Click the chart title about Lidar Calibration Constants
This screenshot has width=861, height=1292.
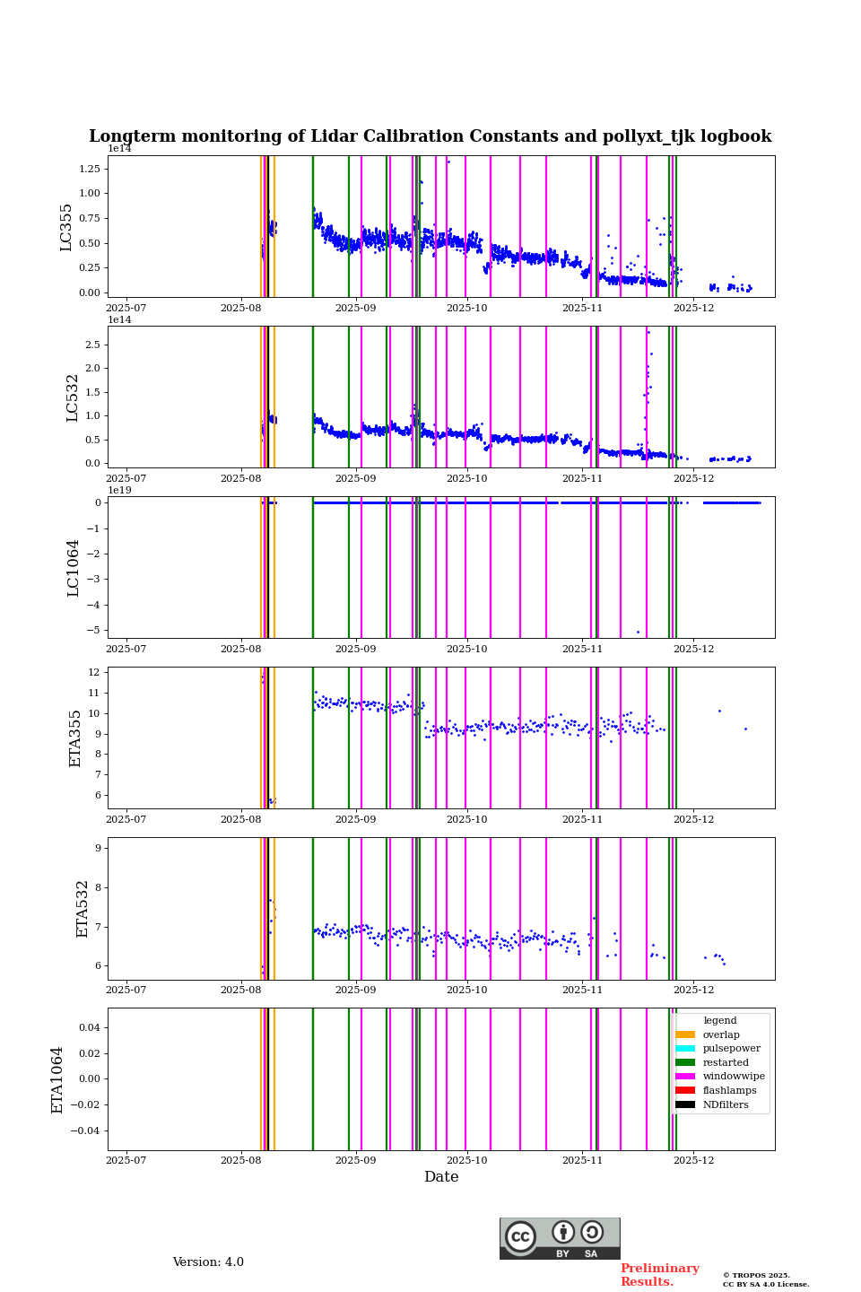click(x=430, y=136)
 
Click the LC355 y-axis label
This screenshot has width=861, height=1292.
click(x=66, y=227)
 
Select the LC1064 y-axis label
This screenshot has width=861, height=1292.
click(x=74, y=568)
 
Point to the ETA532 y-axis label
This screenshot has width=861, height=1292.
click(x=83, y=909)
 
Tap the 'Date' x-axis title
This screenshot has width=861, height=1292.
click(x=441, y=1177)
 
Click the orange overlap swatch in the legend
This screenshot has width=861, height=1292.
click(x=685, y=1034)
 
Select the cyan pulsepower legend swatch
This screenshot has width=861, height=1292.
click(x=685, y=1049)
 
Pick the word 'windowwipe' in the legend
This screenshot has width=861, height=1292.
click(x=734, y=1077)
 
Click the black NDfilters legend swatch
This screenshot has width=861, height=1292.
click(x=685, y=1104)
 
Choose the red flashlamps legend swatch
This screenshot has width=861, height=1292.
click(x=685, y=1091)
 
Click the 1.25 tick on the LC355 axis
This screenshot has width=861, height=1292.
click(x=89, y=169)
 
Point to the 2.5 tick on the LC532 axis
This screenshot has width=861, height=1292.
click(x=92, y=345)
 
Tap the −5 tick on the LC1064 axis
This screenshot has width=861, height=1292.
click(x=93, y=630)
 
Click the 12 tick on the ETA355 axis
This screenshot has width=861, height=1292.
click(x=93, y=672)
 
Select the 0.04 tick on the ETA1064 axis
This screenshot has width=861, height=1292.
click(x=89, y=1027)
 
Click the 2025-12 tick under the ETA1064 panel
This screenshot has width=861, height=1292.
click(x=693, y=1160)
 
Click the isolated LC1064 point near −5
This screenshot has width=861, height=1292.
click(x=638, y=632)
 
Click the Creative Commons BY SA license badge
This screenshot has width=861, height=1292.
click(x=560, y=1238)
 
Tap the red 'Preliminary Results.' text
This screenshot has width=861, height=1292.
click(x=659, y=1275)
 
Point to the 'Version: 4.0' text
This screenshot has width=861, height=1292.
click(x=208, y=1262)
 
